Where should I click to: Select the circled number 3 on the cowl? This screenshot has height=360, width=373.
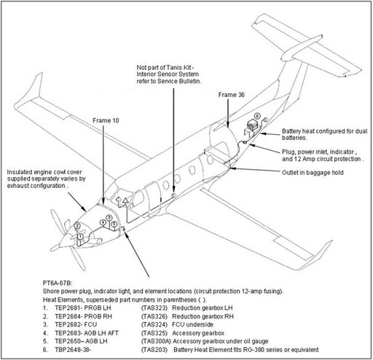(109, 218)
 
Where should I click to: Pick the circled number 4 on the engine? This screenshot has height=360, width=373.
(103, 222)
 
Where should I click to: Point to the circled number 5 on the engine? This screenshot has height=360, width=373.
(114, 224)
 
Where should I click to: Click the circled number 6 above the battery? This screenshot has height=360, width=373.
(256, 116)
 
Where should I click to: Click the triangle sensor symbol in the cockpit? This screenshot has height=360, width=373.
(125, 200)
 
